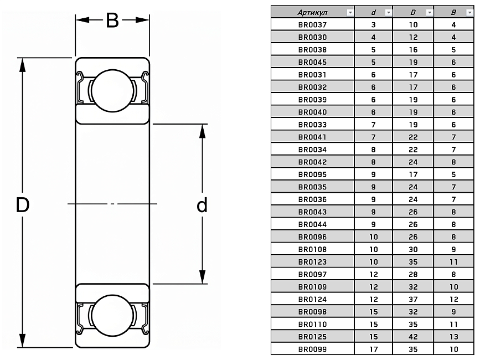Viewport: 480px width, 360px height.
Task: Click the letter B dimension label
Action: [x=112, y=20]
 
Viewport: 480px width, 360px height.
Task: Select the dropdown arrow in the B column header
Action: [x=469, y=12]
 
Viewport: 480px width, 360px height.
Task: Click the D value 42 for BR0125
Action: [x=413, y=337]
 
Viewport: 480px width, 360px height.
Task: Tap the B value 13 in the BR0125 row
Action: [x=454, y=337]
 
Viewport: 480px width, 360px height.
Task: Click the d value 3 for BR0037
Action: [x=373, y=25]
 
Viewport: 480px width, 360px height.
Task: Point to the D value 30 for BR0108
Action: [x=413, y=249]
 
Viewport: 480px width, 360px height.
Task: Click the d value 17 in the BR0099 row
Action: [x=373, y=349]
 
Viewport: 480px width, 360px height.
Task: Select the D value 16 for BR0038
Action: [x=413, y=50]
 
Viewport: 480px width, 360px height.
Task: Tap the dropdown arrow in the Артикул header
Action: [x=349, y=12]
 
